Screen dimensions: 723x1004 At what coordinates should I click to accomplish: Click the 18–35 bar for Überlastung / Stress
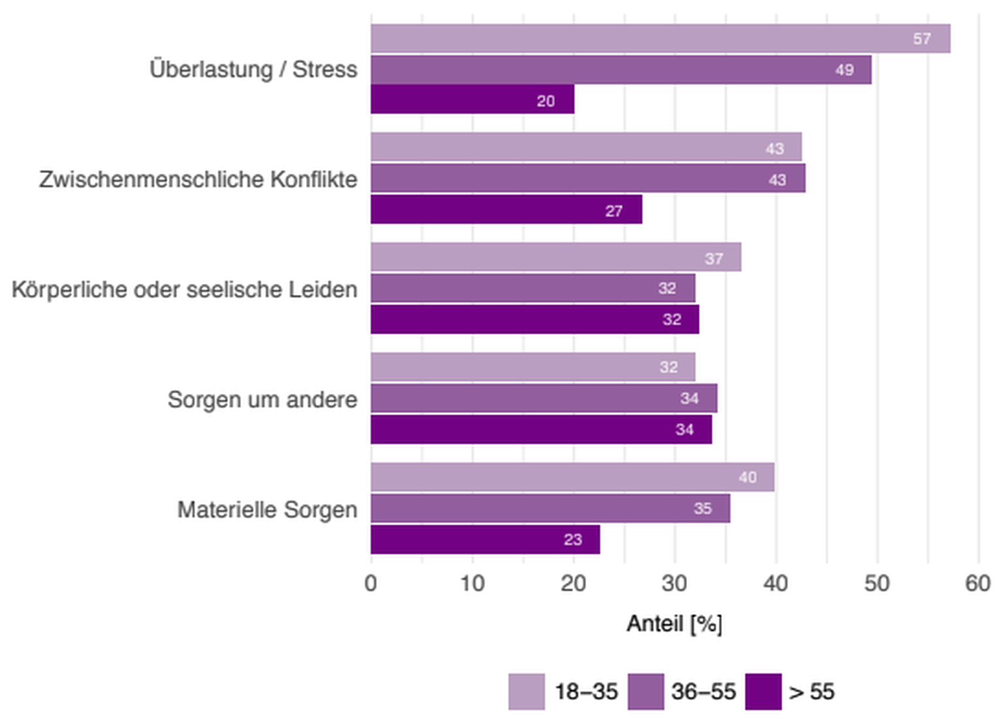point(660,39)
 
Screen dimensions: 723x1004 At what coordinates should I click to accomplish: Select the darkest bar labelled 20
point(472,100)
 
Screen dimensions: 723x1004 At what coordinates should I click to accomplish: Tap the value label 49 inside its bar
point(844,70)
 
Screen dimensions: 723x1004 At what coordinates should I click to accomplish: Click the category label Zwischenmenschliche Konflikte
point(198,179)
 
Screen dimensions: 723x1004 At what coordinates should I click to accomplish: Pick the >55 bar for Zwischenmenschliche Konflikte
point(506,210)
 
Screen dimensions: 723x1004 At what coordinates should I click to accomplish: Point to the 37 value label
point(714,259)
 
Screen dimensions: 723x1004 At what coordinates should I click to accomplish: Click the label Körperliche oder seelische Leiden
point(184,290)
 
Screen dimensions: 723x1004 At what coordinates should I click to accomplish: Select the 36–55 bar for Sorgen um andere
point(544,399)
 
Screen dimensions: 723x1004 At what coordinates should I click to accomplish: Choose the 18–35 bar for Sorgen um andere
point(533,367)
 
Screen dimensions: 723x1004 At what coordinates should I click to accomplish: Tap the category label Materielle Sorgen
point(267,510)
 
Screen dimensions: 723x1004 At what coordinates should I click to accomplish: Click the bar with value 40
point(573,477)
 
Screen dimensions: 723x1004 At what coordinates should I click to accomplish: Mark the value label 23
point(573,540)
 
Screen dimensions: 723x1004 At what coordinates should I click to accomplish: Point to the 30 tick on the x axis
point(674,583)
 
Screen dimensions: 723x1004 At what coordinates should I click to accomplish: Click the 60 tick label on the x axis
point(978,583)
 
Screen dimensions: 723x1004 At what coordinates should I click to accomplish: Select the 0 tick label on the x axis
point(371,583)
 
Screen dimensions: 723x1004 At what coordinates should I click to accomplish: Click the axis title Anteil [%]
point(674,624)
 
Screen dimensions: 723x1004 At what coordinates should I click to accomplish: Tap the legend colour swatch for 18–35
point(526,692)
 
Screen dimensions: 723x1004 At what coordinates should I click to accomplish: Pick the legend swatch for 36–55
point(645,692)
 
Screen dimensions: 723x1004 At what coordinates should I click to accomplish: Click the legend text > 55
point(811,692)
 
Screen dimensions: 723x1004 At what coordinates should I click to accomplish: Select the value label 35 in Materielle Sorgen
point(702,509)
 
